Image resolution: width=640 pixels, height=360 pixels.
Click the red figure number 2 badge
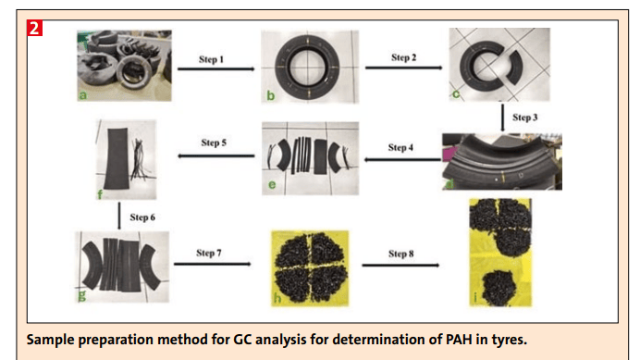coord(35,27)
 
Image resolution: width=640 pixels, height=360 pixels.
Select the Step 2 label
coord(404,57)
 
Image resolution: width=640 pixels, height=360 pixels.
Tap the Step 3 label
coord(523,118)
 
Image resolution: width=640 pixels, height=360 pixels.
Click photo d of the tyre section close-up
coord(495,163)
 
